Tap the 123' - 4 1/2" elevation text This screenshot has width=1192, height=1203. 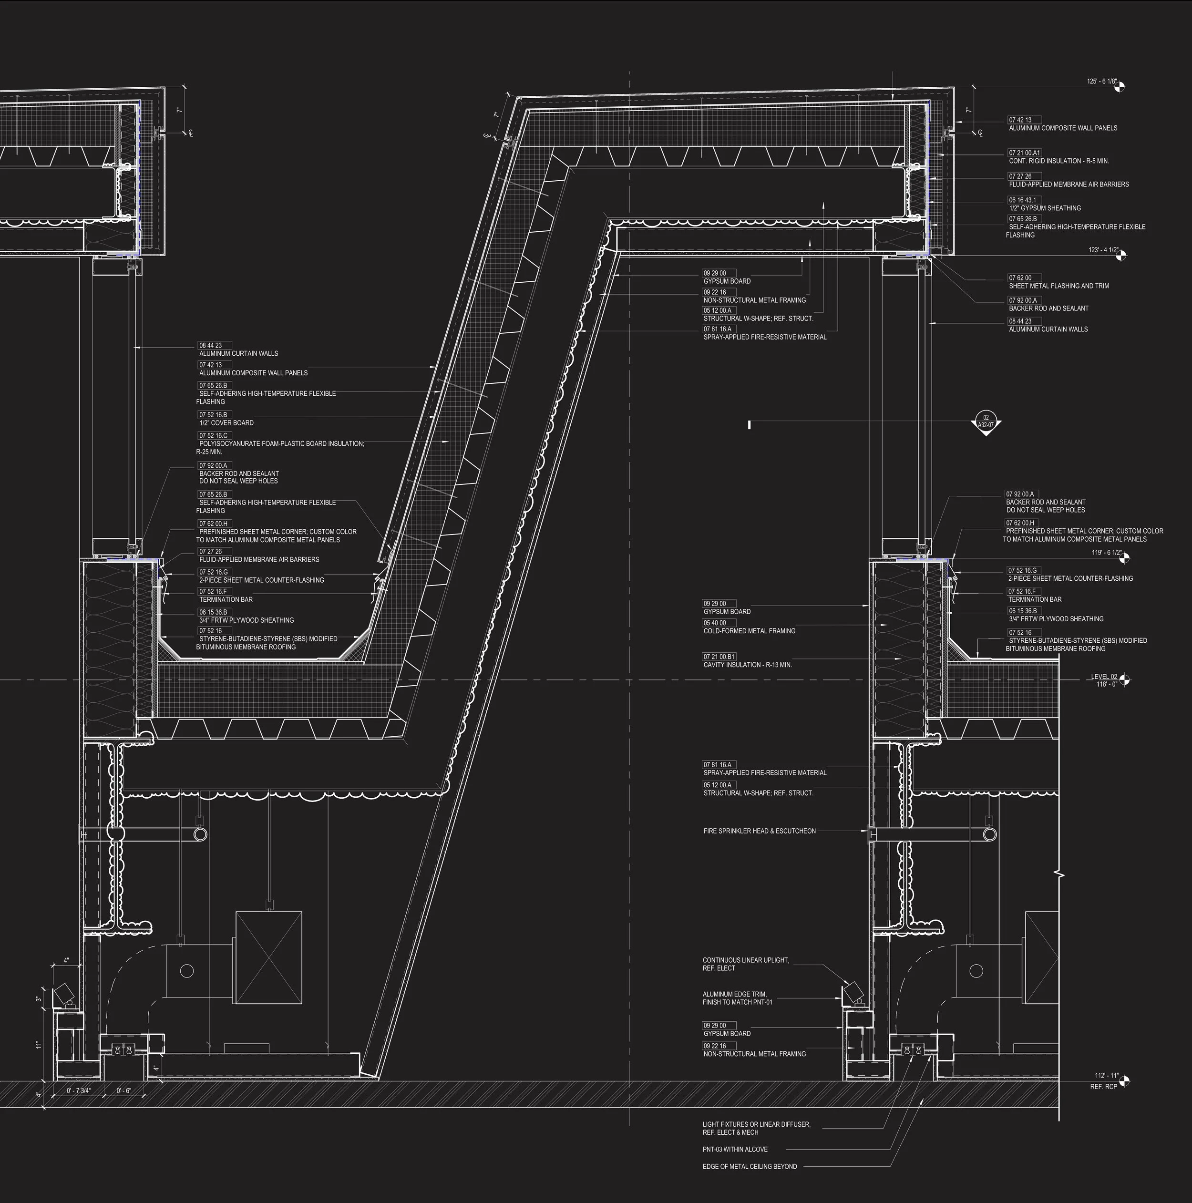point(1103,250)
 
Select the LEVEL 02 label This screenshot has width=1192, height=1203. point(1104,677)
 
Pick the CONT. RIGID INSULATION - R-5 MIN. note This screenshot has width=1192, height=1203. point(1058,161)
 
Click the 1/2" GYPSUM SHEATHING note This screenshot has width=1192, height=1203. point(1044,208)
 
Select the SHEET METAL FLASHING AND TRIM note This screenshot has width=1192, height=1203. point(1058,286)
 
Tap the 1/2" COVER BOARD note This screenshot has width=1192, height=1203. point(226,423)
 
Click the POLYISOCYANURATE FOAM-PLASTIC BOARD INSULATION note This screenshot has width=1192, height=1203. point(281,444)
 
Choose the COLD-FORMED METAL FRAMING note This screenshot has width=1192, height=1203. point(749,631)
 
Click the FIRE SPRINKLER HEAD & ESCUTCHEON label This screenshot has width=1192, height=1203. point(759,831)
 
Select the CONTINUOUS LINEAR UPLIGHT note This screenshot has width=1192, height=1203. point(745,960)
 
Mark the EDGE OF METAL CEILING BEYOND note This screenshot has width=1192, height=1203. point(749,1166)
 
